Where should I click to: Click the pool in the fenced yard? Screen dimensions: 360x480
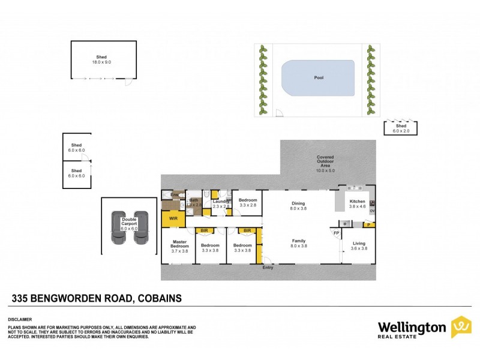tap(317, 78)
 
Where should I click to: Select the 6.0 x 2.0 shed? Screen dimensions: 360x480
tap(400, 128)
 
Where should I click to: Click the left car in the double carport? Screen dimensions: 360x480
tap(117, 227)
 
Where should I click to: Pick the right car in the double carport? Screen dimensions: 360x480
tap(140, 227)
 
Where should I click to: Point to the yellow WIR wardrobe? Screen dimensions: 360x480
tap(174, 219)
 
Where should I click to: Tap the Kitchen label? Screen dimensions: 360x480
tap(358, 203)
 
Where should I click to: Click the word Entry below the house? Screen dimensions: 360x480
tap(268, 267)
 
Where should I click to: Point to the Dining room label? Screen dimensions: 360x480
tap(298, 206)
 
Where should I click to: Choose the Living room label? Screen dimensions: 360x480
tap(359, 245)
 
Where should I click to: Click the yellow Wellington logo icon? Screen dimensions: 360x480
tap(461, 327)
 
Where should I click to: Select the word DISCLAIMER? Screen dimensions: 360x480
tap(19, 319)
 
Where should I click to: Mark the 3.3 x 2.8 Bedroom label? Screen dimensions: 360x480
tap(248, 203)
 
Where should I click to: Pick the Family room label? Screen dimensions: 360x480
tap(298, 243)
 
